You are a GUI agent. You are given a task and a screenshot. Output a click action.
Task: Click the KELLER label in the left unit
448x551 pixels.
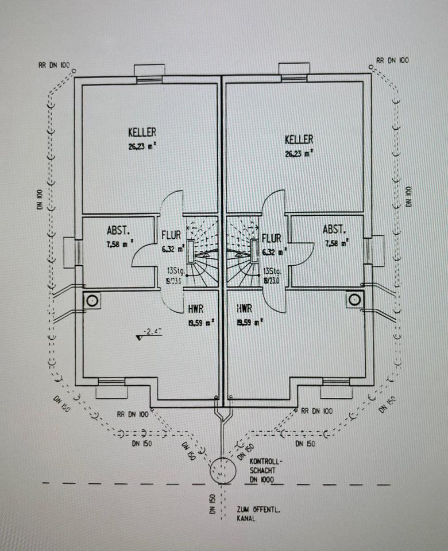click(142, 133)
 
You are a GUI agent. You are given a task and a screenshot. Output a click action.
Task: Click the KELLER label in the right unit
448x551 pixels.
click(299, 139)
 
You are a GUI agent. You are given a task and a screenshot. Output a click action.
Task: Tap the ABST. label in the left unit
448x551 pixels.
click(118, 230)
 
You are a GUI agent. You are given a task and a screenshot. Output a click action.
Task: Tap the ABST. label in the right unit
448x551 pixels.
click(335, 230)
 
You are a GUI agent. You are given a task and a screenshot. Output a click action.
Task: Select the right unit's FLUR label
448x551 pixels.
click(272, 238)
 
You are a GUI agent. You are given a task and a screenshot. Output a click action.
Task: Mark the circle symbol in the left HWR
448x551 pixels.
click(92, 300)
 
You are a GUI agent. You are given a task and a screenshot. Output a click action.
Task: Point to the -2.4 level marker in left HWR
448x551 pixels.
click(151, 331)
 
